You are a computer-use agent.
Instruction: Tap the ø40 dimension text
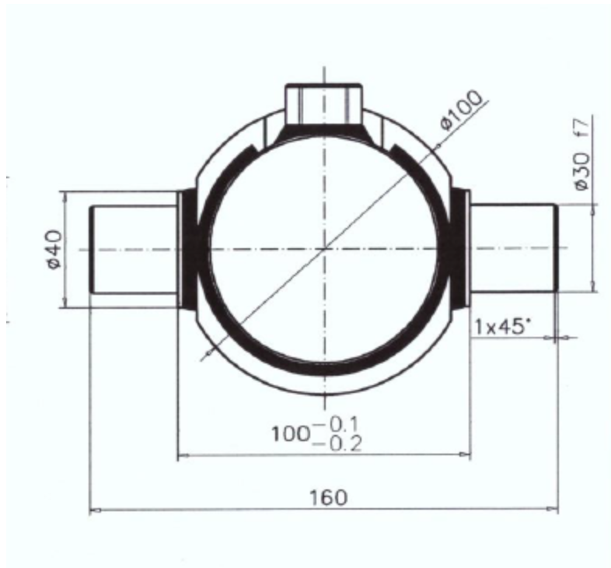54,250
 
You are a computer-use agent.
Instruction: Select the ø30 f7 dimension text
582,155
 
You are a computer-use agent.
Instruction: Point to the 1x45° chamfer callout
502,327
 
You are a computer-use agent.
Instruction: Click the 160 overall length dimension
328,497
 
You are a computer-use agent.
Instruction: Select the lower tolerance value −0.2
337,444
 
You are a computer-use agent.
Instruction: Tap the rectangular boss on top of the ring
324,103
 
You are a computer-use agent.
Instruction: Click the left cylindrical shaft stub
134,250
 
